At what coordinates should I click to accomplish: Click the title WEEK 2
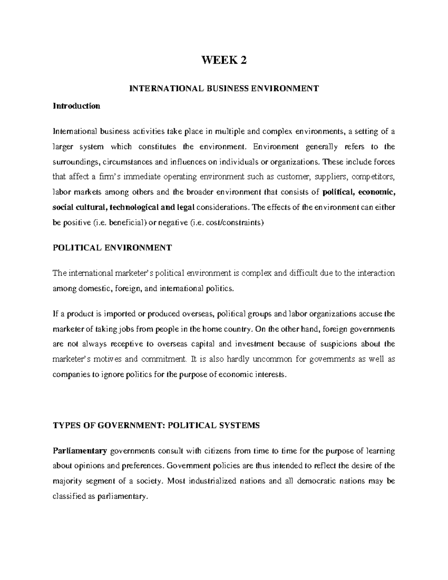(224, 60)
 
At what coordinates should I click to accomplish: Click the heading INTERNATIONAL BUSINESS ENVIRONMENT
(224, 89)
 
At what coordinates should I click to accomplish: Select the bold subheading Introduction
(77, 106)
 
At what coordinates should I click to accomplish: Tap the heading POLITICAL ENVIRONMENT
(112, 248)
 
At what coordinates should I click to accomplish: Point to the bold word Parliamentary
(80, 451)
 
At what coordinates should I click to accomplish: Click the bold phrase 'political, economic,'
(358, 192)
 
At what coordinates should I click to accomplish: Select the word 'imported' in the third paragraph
(113, 314)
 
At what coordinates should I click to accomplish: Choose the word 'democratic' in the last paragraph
(315, 481)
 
